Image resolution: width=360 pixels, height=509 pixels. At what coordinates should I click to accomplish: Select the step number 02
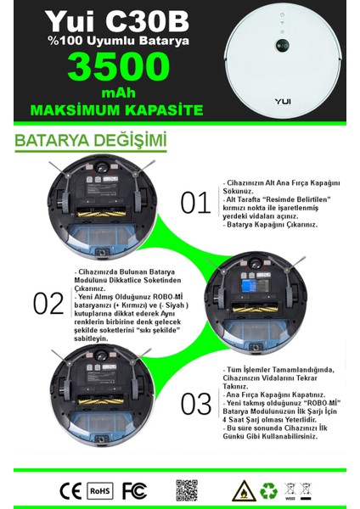pos(48,303)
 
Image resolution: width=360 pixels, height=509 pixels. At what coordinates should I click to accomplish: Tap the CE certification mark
pos(70,490)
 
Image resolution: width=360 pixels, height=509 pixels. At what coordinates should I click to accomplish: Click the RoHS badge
pos(100,490)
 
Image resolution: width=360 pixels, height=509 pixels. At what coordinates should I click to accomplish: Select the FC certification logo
pos(133,490)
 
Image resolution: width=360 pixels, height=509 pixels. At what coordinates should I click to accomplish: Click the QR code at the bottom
pos(187,490)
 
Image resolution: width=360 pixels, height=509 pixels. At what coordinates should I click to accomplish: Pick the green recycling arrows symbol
pos(267,490)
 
